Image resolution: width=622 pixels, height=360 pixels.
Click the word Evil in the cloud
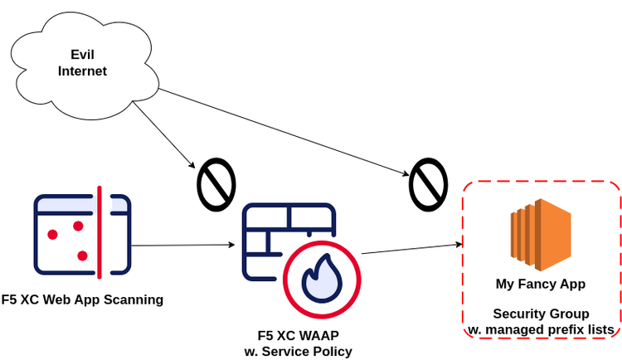(82, 55)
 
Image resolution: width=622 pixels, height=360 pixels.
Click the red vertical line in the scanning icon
(100, 232)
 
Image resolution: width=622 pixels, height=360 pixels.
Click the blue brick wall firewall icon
(278, 236)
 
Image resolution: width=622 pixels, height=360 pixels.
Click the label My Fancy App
(541, 284)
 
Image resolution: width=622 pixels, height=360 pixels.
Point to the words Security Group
(541, 314)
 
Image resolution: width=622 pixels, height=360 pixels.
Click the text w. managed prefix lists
(541, 329)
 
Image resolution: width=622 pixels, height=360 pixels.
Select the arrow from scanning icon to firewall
(182, 246)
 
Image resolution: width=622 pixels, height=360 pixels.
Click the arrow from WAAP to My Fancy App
(411, 249)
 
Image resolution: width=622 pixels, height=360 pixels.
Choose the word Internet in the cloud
(82, 71)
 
